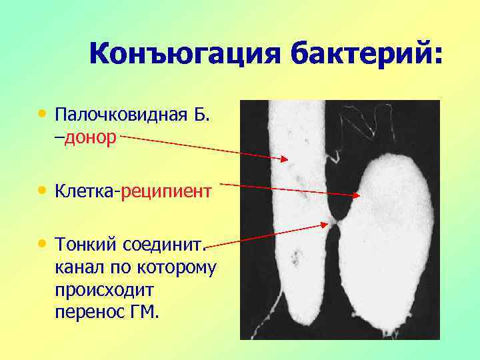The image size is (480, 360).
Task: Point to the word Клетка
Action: tap(85, 192)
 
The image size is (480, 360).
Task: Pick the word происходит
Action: tap(105, 291)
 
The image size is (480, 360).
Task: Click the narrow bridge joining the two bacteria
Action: tap(334, 220)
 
